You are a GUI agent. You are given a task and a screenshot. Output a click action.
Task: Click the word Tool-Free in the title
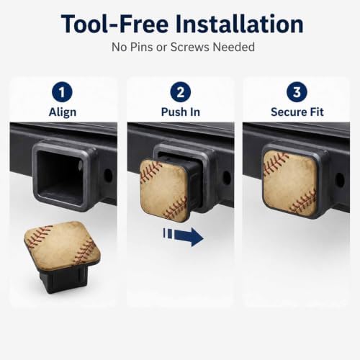114,24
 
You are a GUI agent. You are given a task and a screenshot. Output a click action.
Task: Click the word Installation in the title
240,24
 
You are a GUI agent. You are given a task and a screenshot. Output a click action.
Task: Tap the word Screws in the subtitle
190,47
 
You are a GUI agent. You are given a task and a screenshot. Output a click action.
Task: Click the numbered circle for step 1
62,92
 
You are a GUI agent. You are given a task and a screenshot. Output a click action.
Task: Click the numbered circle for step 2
181,92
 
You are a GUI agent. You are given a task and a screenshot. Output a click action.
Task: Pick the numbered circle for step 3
297,92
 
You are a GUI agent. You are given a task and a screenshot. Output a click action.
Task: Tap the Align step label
63,112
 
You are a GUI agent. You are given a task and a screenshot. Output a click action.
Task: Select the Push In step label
181,112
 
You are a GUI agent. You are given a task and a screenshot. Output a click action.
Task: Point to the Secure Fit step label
297,112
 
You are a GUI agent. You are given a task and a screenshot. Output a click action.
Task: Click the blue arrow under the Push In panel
184,237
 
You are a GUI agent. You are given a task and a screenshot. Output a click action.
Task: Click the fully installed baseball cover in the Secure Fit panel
290,183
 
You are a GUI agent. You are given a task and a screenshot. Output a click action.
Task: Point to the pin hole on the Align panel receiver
109,176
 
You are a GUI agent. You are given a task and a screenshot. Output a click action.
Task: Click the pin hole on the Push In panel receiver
227,178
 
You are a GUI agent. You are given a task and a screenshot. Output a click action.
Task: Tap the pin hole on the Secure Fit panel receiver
340,180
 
